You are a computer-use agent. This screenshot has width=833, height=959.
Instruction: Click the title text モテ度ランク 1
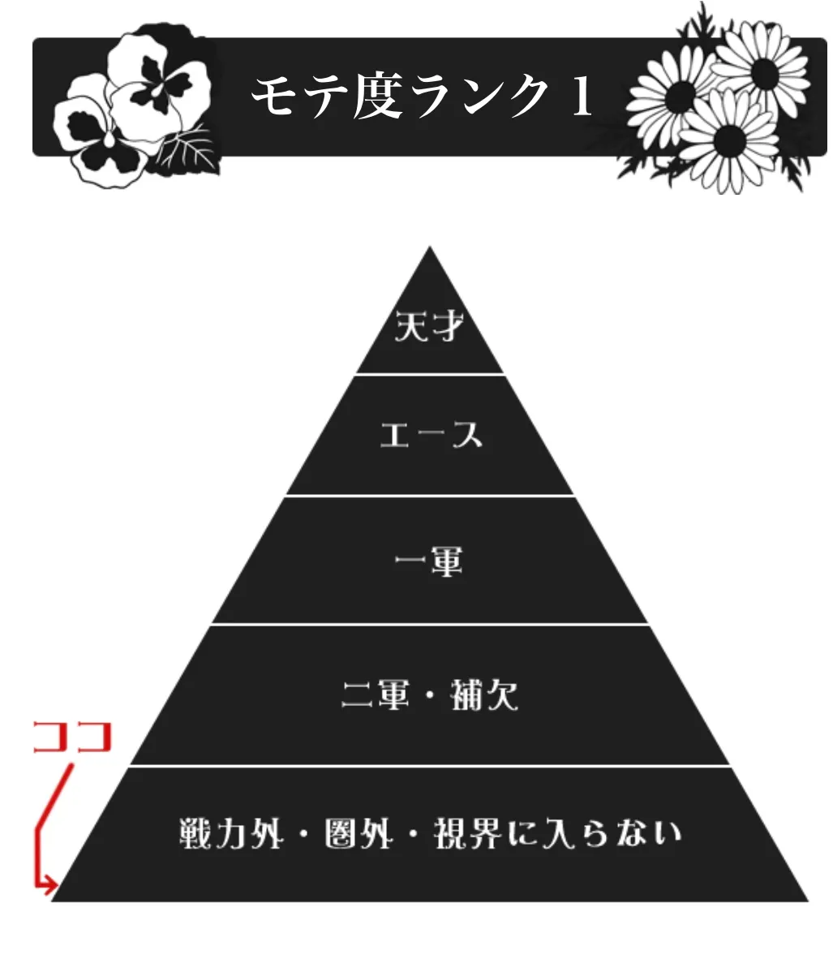[x=422, y=97]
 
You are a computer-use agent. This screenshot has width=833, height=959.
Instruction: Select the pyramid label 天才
[x=429, y=328]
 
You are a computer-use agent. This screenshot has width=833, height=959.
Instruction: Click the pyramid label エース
[x=431, y=436]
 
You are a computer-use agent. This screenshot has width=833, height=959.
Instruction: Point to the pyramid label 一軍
[x=429, y=562]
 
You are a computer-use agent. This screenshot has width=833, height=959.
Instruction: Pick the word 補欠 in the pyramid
[x=484, y=695]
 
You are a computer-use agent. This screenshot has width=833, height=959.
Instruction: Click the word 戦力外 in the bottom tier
[x=231, y=833]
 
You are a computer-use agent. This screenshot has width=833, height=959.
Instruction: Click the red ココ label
[x=71, y=738]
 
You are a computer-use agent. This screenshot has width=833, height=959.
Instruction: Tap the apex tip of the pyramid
[x=429, y=250]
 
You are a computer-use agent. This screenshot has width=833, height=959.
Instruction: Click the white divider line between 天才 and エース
[x=429, y=374]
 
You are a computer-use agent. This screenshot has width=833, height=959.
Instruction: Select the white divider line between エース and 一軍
[x=429, y=495]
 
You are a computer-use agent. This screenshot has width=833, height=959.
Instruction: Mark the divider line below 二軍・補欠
[x=429, y=765]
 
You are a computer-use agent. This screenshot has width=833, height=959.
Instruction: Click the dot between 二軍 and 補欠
[x=430, y=696]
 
